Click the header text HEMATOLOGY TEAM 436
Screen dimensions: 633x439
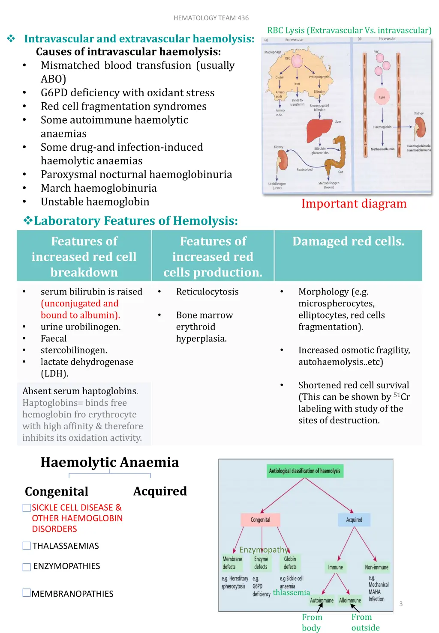tap(211, 18)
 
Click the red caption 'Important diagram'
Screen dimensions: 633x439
tap(354, 204)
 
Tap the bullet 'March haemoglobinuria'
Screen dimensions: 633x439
tap(99, 188)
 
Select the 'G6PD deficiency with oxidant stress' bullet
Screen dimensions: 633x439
tap(127, 93)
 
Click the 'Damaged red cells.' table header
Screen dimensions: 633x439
tap(348, 242)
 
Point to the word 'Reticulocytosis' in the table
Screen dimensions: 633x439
tap(207, 292)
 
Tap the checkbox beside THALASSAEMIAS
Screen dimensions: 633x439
tap(27, 546)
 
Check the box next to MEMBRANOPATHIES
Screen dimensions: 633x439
tap(27, 593)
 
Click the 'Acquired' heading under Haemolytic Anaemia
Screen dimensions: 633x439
tap(160, 491)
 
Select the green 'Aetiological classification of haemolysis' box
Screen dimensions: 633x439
tap(304, 471)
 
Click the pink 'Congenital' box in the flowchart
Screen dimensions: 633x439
tap(260, 520)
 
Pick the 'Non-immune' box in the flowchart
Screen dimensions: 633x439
tap(376, 567)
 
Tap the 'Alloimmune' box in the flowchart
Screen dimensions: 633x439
tap(350, 600)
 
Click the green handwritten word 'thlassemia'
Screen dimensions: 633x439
tap(292, 593)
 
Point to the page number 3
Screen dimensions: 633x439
tap(401, 604)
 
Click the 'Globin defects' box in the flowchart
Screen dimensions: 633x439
tap(290, 563)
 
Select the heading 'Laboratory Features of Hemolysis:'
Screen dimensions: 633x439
tap(135, 221)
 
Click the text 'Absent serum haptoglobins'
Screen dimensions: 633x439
tap(80, 391)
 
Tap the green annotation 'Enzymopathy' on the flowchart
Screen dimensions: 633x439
tap(263, 550)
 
